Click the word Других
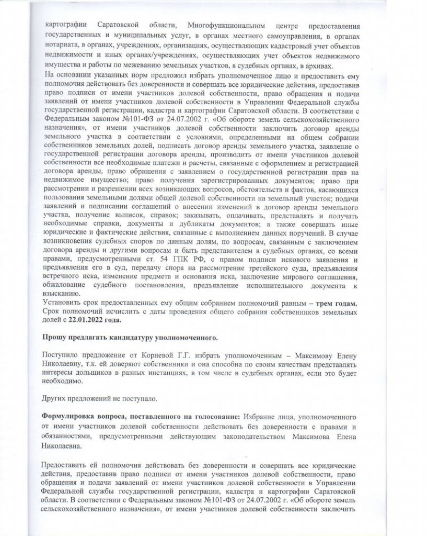click(x=54, y=398)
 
